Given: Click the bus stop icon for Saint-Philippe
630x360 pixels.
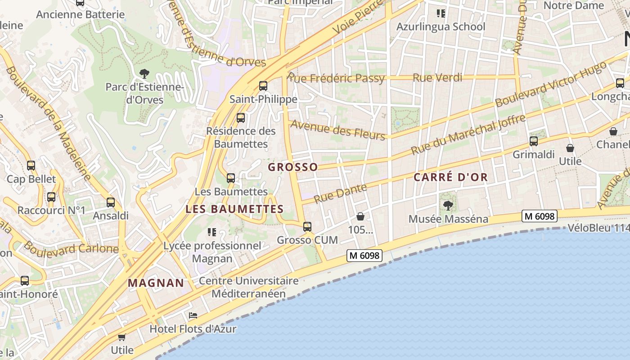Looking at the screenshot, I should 263,86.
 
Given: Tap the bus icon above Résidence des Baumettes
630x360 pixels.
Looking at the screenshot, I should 241,118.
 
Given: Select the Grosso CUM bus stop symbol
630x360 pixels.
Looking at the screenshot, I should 307,227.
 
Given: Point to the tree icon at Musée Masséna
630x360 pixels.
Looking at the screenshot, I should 448,206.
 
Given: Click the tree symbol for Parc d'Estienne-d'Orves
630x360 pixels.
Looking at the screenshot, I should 144,73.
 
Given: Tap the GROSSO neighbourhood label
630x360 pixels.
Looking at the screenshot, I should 293,167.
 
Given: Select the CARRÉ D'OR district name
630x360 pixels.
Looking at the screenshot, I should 450,177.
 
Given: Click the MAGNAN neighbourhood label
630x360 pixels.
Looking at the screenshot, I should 156,283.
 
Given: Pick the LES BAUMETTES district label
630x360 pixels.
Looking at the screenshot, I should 234,209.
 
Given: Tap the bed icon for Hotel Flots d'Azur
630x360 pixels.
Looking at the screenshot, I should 193,315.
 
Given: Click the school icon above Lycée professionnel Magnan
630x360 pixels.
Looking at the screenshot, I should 212,232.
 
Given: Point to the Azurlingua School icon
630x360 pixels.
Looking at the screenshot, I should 441,13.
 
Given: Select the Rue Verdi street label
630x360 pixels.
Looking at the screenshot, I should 437,78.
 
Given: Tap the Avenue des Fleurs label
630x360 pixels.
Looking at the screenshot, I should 338,130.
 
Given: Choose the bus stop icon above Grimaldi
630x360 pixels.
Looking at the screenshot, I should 534,141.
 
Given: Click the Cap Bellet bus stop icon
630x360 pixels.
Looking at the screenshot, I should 31,166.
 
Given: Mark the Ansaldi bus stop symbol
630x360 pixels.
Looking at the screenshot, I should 111,202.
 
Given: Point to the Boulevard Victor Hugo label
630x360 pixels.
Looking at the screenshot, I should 550,85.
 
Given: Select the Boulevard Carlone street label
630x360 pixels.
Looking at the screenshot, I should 71,248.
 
